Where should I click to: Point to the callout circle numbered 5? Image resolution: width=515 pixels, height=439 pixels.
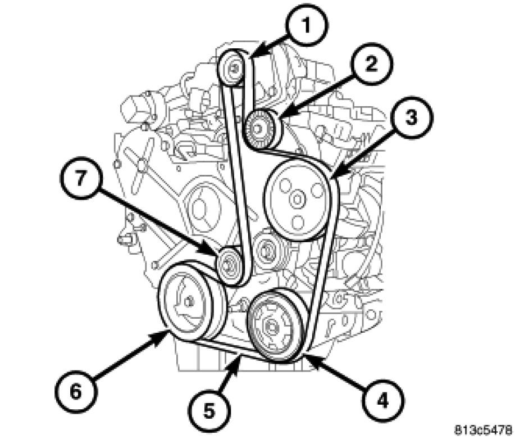209,410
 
